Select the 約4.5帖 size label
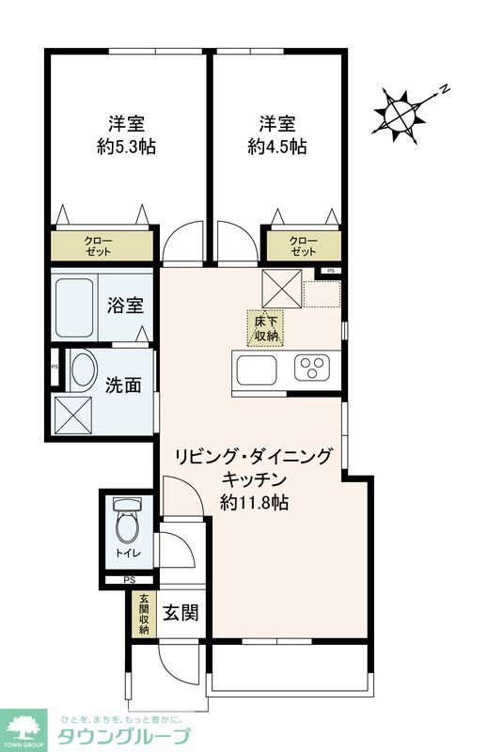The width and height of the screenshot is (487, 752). [x=277, y=147]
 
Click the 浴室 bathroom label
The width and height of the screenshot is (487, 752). [x=125, y=305]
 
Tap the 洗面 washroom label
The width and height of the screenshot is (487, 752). [x=124, y=384]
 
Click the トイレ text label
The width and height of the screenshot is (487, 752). [x=125, y=555]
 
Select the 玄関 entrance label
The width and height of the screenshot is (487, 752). [x=181, y=614]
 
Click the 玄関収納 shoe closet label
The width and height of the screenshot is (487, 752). [x=145, y=615]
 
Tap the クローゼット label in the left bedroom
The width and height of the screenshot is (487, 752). [x=98, y=247]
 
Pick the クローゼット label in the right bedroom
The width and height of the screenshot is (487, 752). [x=303, y=247]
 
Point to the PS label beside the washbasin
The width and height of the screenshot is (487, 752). [x=55, y=367]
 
